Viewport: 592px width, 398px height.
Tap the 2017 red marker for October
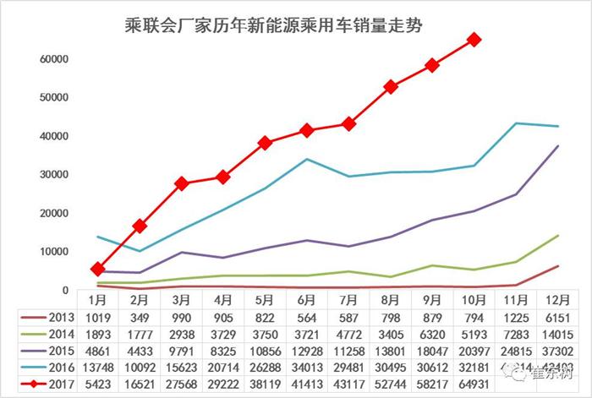tap(474, 39)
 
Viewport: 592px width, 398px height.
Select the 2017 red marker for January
tap(98, 269)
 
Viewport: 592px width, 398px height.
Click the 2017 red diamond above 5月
tap(265, 143)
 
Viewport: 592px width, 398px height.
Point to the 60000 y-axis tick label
tap(53, 59)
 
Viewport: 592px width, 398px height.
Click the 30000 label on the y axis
tap(53, 175)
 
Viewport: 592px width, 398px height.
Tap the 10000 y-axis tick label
tap(53, 252)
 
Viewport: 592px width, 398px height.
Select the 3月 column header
tap(181, 300)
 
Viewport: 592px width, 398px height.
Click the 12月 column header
tap(557, 300)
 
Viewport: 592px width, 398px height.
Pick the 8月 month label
tap(391, 300)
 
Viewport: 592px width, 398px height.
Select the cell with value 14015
tap(557, 334)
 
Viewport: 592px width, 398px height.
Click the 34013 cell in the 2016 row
tap(307, 368)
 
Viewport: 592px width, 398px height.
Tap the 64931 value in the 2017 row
tap(474, 384)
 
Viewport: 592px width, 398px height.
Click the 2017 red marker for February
tap(140, 226)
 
